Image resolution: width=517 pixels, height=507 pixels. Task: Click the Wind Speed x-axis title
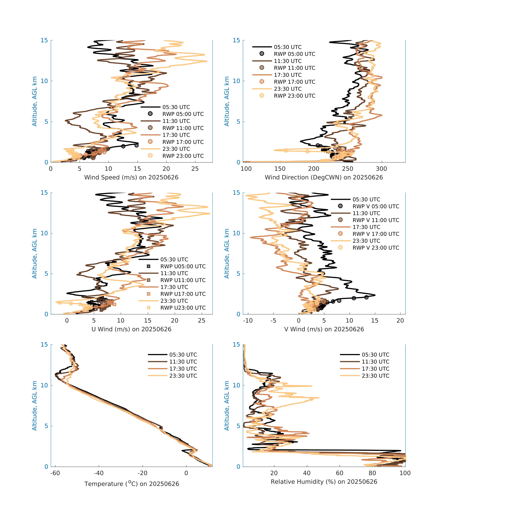pyautogui.click(x=131, y=177)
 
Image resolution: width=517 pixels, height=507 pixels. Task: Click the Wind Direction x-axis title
pyautogui.click(x=324, y=177)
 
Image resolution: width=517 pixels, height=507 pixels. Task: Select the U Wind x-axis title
pyautogui.click(x=131, y=329)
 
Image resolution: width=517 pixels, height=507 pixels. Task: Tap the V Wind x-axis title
pyautogui.click(x=324, y=329)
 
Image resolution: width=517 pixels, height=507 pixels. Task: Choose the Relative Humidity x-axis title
pyautogui.click(x=324, y=482)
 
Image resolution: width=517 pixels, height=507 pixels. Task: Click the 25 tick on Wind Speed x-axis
pyautogui.click(x=195, y=169)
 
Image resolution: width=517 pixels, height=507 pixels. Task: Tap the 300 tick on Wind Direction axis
pyautogui.click(x=381, y=169)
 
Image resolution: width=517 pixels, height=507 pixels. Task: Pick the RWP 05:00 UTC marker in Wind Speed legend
pyautogui.click(x=150, y=114)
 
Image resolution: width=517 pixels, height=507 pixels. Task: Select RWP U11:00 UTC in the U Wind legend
pyautogui.click(x=183, y=280)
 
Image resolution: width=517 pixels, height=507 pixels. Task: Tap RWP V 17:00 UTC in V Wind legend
pyautogui.click(x=376, y=234)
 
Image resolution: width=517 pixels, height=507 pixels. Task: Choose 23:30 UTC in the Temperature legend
pyautogui.click(x=183, y=376)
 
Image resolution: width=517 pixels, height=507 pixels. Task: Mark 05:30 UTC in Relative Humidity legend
pyautogui.click(x=375, y=355)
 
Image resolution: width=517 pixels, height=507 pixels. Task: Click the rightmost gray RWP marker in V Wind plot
pyautogui.click(x=366, y=297)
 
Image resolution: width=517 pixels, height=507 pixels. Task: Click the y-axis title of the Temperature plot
pyautogui.click(x=35, y=406)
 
